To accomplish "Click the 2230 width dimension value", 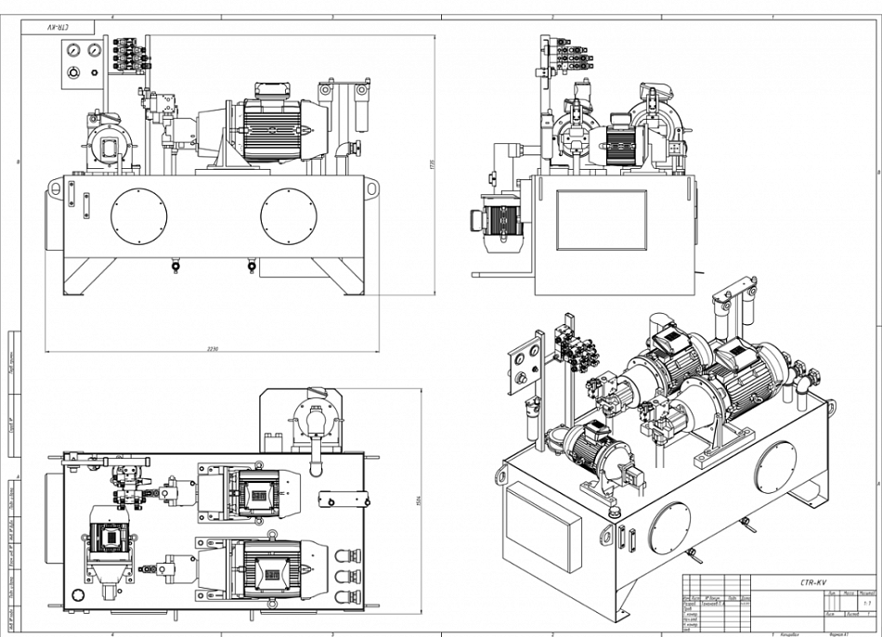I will coord(213,348).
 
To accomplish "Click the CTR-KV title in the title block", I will coord(813,582).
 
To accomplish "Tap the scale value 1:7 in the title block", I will coord(867,604).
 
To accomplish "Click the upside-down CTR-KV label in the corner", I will coord(58,28).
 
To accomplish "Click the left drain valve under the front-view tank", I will coord(175,267).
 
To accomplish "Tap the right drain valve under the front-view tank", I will coord(252,267).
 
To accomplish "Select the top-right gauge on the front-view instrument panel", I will coord(93,49).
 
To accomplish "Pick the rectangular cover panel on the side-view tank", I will coord(601,220).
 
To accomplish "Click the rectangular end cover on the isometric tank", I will coord(541,526).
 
